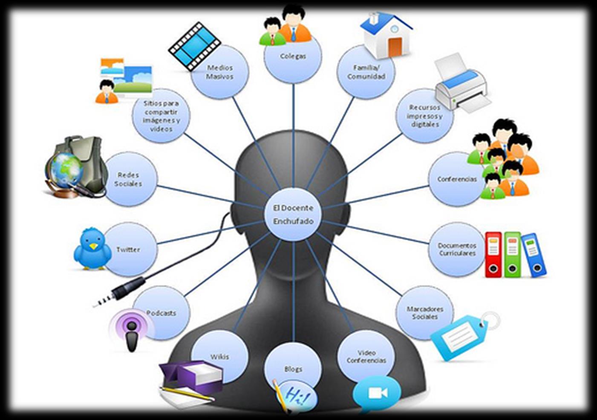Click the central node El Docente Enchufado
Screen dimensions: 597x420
point(293,214)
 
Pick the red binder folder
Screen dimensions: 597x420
point(493,254)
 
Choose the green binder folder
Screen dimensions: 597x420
point(512,254)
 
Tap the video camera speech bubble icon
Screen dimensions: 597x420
point(377,393)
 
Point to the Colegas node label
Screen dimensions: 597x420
point(293,56)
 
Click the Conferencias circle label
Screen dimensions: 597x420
point(457,179)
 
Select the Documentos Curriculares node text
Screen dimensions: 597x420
point(457,249)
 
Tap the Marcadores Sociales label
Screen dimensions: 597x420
point(425,313)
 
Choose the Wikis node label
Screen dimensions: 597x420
point(219,357)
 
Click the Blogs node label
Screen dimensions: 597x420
point(293,369)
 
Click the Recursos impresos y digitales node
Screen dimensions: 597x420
point(424,116)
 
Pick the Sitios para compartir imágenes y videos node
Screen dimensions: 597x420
point(161,116)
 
